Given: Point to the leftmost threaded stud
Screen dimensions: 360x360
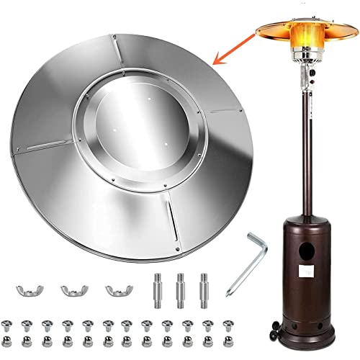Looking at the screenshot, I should [x=157, y=289].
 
